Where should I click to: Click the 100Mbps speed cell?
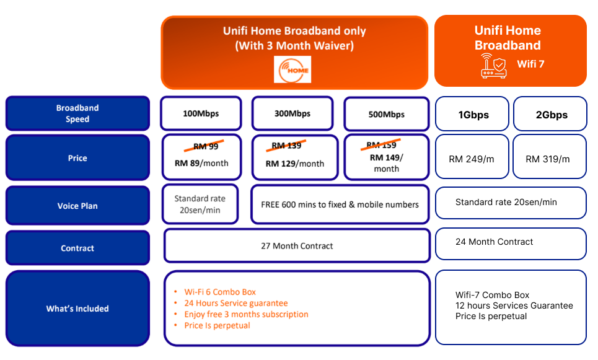click(x=201, y=114)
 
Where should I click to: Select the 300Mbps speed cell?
click(x=292, y=114)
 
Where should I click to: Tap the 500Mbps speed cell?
click(x=386, y=115)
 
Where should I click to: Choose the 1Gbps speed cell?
click(x=472, y=115)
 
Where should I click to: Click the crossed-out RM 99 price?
click(x=206, y=146)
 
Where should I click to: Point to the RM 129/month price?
click(x=294, y=164)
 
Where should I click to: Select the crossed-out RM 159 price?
click(x=381, y=146)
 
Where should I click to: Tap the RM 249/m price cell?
click(x=472, y=159)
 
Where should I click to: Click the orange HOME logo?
click(x=292, y=69)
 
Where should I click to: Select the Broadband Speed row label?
click(x=77, y=113)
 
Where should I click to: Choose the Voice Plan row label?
click(x=77, y=206)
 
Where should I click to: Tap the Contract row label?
click(x=77, y=248)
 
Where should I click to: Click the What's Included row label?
click(x=77, y=309)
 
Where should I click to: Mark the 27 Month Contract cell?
click(x=297, y=246)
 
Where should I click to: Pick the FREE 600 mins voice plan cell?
click(x=340, y=204)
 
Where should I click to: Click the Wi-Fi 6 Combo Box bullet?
click(x=220, y=292)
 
